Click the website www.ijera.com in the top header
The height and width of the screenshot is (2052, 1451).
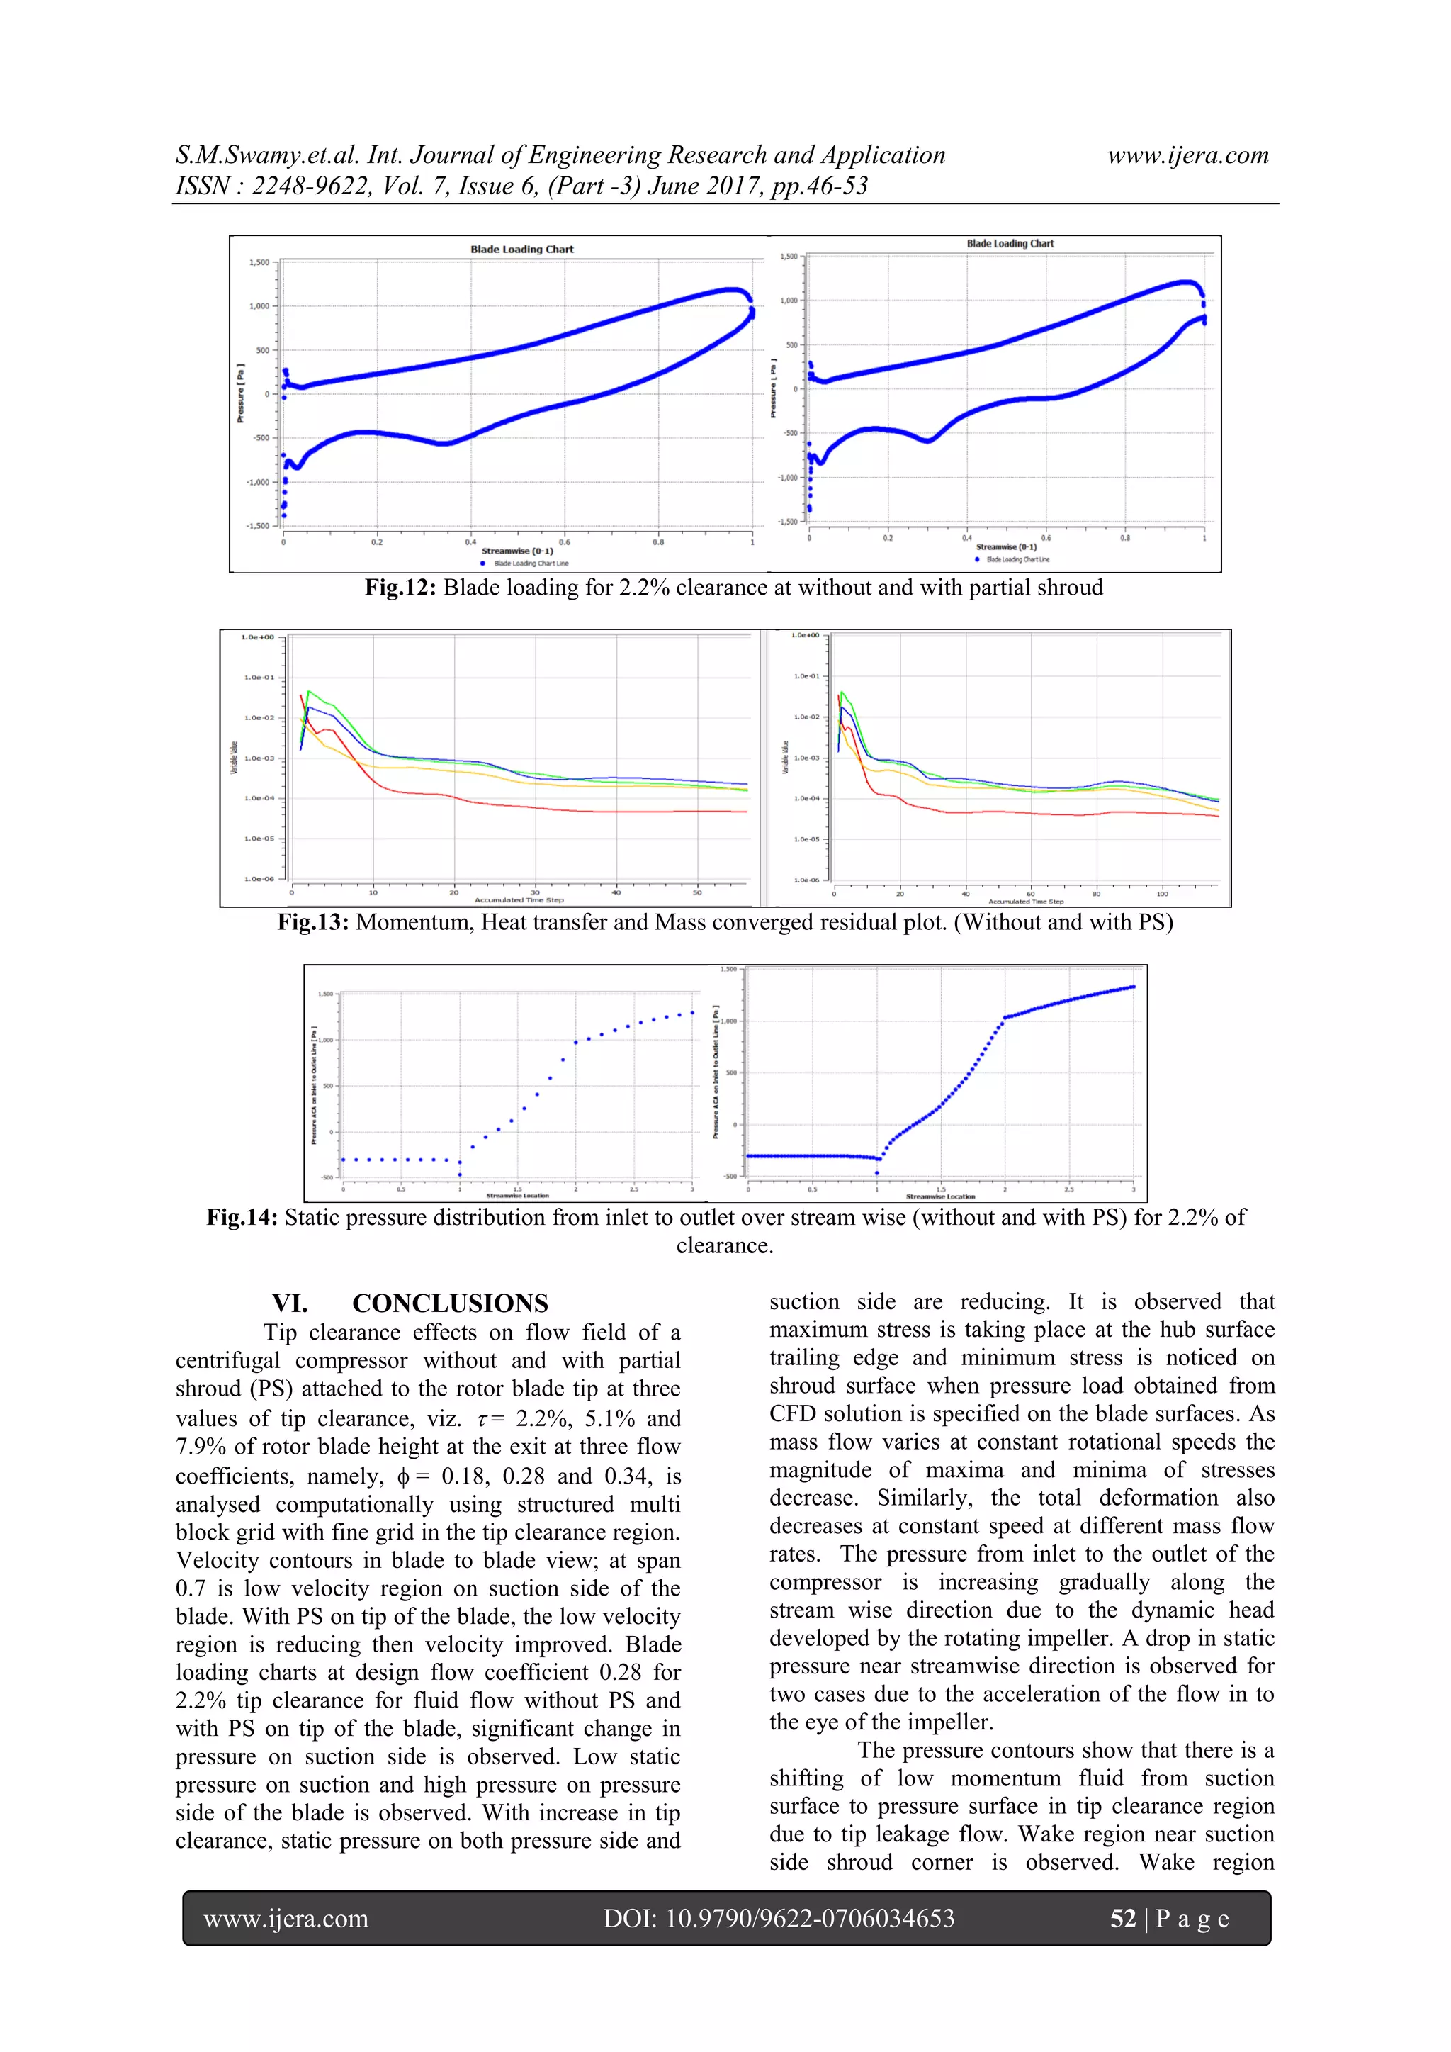point(1187,155)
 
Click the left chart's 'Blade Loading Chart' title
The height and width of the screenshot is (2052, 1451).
point(521,250)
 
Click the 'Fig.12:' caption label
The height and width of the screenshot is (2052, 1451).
point(400,588)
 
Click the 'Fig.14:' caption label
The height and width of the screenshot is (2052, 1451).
point(242,1217)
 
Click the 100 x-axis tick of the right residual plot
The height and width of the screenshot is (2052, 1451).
point(1161,893)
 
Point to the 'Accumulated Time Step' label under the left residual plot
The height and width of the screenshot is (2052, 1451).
point(519,900)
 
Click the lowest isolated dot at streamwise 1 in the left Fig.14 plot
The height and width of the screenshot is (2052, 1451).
point(460,1174)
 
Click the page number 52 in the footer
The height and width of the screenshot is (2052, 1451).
point(1122,1918)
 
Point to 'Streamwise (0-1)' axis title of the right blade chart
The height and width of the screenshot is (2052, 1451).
point(1006,547)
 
